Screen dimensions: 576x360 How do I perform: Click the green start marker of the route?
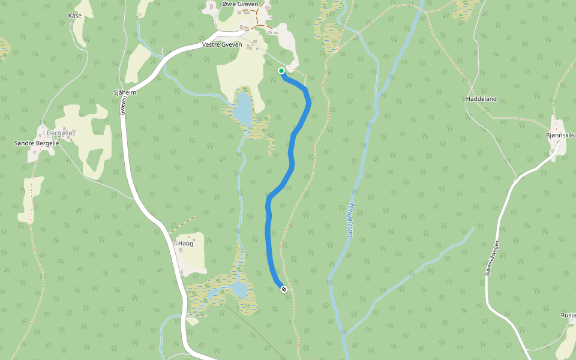click(x=281, y=71)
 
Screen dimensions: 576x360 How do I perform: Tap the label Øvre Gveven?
click(x=239, y=4)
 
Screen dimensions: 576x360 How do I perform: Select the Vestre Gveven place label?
click(x=222, y=45)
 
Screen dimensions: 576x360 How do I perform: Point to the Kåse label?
click(x=75, y=16)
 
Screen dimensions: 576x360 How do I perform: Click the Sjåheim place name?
click(x=125, y=93)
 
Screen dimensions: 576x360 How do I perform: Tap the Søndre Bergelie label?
click(x=37, y=143)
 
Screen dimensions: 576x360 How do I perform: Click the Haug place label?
click(x=185, y=243)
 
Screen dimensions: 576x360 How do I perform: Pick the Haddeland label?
click(x=481, y=98)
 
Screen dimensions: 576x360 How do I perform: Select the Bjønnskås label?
click(x=560, y=135)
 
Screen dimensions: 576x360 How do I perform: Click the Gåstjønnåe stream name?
click(x=350, y=220)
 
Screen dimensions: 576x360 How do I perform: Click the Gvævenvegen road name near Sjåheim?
click(x=123, y=107)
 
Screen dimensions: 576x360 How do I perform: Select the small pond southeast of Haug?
click(x=240, y=290)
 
